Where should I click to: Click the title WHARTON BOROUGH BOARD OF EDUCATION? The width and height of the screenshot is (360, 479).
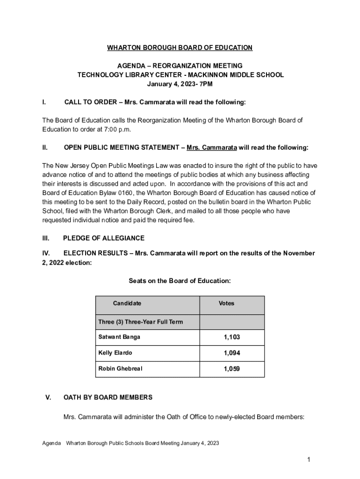coord(180,48)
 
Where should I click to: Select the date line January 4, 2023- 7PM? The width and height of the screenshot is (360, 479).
coord(180,84)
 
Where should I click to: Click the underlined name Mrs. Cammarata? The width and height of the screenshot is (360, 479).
coord(211,147)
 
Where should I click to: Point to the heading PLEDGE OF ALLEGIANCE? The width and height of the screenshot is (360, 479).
coord(104,238)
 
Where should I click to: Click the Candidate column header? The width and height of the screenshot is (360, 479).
coord(127,304)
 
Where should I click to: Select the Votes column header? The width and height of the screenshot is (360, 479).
coord(226,304)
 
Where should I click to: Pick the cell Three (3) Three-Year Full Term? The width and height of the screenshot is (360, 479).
coord(140,322)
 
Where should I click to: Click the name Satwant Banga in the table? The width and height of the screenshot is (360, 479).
coord(119,337)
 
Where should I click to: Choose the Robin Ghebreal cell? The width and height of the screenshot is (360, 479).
coord(120,369)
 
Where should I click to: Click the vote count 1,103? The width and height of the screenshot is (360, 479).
coord(232,337)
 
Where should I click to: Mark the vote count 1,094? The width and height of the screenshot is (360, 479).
coord(232,353)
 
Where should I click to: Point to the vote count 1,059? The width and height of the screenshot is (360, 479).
coord(232,369)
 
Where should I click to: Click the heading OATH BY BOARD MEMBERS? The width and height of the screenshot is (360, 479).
coord(108,398)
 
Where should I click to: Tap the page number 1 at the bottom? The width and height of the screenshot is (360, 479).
coord(309,460)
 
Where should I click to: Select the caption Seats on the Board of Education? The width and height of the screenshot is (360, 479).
coord(180,281)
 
